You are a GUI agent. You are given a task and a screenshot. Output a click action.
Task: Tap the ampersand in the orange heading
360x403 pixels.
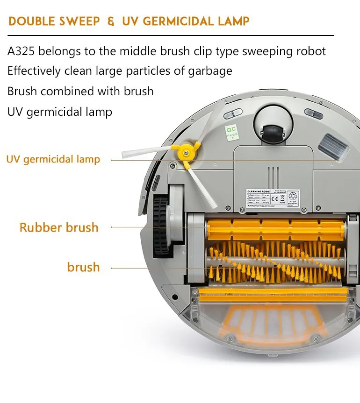pos(110,21)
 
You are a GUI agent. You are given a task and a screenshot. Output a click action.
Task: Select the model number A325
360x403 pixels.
pos(21,51)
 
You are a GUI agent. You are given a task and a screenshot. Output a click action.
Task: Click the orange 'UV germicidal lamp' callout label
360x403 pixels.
pos(53,159)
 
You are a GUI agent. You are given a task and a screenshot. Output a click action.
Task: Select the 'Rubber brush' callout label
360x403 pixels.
pos(59,227)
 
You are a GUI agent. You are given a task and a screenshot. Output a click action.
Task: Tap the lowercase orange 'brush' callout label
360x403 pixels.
pos(83,267)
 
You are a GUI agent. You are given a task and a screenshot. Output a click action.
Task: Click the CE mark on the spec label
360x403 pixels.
pos(282,197)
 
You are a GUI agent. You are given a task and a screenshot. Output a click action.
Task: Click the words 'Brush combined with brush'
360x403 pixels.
pos(80,91)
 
